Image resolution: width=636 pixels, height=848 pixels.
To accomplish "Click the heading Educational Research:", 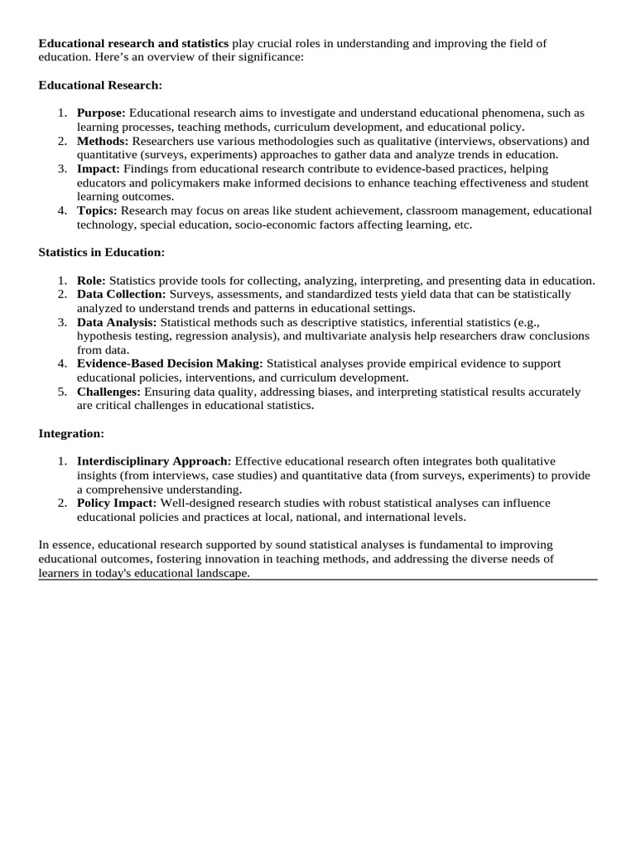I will [x=101, y=85].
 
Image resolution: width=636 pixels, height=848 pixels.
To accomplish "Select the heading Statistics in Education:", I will [x=102, y=252].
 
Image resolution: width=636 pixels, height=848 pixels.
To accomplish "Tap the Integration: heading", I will [x=71, y=433].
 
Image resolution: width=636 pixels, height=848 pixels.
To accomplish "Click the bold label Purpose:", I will [x=101, y=113].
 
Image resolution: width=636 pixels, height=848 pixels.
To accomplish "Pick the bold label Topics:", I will [x=97, y=210].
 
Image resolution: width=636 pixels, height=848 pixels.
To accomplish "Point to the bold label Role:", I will [x=91, y=280].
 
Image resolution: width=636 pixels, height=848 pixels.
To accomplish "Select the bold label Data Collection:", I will [x=121, y=294].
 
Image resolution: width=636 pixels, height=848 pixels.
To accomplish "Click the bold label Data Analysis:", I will [x=117, y=321].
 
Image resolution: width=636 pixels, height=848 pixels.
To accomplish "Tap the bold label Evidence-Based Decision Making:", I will [x=170, y=364].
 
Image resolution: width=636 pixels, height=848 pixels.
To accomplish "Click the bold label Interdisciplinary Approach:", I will [x=155, y=461].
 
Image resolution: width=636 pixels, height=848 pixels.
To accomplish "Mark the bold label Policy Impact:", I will [x=117, y=503].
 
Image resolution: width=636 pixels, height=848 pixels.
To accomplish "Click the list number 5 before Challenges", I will [x=62, y=392].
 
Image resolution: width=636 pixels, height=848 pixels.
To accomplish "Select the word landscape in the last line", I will [x=221, y=573].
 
